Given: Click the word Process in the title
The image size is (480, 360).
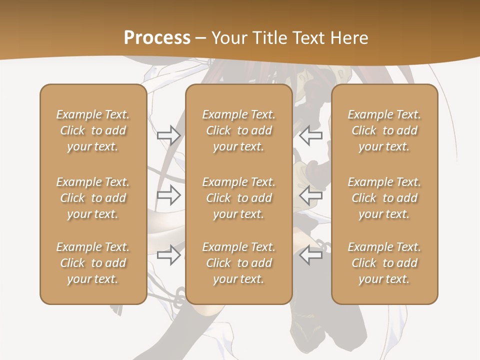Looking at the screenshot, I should click(x=157, y=38).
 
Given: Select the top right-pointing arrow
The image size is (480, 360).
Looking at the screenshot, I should click(x=169, y=135).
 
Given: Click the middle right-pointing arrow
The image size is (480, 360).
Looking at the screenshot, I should click(x=169, y=195).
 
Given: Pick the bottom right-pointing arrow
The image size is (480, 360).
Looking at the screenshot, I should click(x=169, y=255).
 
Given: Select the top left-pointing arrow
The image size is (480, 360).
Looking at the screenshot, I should click(x=311, y=135).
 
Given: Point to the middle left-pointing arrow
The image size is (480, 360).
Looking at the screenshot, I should click(x=311, y=195).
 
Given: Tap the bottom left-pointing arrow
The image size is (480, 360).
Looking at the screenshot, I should click(x=311, y=255).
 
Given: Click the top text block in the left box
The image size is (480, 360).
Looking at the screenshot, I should click(x=93, y=130).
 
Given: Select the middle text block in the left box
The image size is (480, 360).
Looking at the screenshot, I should click(x=93, y=198).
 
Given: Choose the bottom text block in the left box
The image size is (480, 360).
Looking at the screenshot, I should click(x=93, y=263).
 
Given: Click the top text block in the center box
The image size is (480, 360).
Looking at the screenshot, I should click(x=239, y=130).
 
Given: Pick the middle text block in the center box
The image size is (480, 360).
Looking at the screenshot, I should click(x=239, y=198).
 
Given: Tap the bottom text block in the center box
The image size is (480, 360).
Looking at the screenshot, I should click(x=239, y=263).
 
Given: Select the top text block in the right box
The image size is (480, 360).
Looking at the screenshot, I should click(x=384, y=130).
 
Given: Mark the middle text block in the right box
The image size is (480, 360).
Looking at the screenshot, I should click(x=384, y=198).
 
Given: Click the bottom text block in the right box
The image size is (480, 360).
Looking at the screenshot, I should click(x=384, y=263).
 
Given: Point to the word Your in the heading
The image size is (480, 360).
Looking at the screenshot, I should click(x=228, y=38).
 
